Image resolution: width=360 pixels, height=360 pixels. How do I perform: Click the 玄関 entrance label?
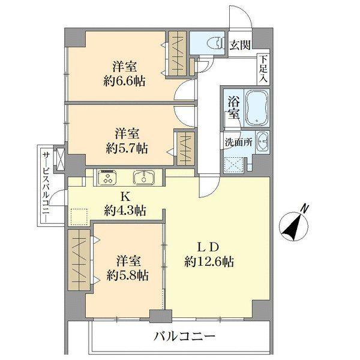pyautogui.click(x=242, y=44)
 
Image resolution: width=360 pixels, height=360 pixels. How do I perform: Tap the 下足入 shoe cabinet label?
pyautogui.click(x=263, y=69)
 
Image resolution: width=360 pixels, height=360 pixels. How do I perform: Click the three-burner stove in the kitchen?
pyautogui.click(x=108, y=177)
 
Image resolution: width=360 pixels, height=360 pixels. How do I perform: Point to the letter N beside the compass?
pyautogui.click(x=305, y=208)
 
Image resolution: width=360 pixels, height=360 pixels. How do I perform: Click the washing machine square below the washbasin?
pyautogui.click(x=233, y=163)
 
